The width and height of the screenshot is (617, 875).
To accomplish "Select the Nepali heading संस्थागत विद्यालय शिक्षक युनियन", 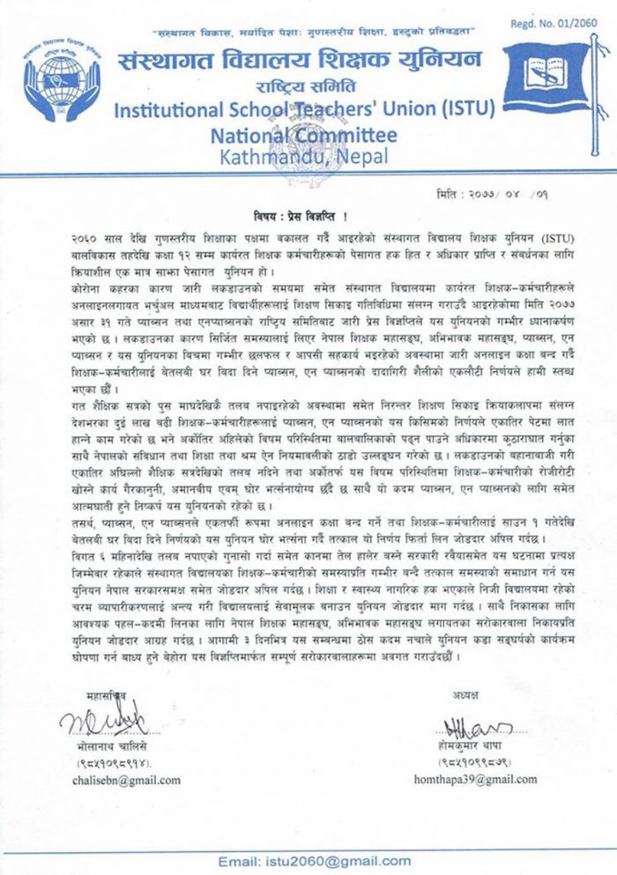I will click(300, 62).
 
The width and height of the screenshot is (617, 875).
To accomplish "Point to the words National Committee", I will click(303, 136).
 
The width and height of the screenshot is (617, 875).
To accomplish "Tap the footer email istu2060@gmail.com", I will click(304, 860).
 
